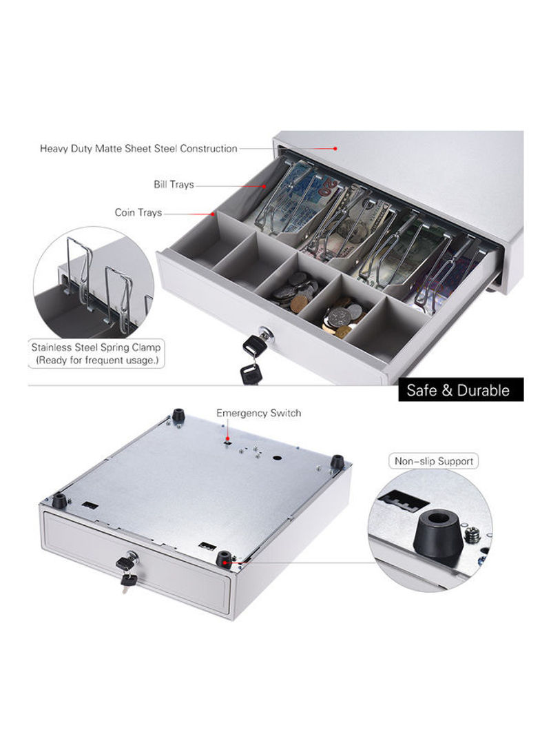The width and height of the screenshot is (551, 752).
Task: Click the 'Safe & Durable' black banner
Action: tap(461, 389)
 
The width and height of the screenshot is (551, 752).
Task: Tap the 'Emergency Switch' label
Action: tap(259, 413)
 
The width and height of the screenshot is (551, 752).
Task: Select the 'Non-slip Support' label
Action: tap(434, 461)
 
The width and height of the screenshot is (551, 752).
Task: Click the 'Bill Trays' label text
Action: tap(174, 185)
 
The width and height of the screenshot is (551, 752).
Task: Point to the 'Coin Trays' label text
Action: tap(138, 212)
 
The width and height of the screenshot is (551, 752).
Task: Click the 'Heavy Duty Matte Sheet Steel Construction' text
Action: tap(138, 149)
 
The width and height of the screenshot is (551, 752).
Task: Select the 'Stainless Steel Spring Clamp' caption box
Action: tap(96, 354)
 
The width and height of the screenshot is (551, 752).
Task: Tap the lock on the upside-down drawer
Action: tap(131, 558)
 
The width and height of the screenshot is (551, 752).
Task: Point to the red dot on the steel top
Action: tap(335, 149)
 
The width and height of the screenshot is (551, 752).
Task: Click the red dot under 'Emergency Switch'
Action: tap(228, 438)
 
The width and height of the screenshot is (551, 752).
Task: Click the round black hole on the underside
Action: tap(277, 458)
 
